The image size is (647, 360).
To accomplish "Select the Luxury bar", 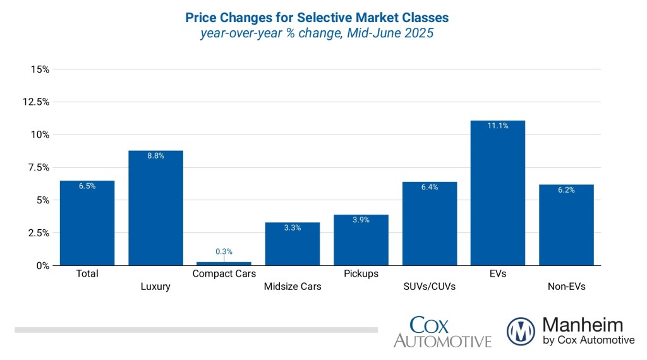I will pyautogui.click(x=155, y=208).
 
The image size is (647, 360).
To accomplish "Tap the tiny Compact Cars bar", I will pyautogui.click(x=224, y=263).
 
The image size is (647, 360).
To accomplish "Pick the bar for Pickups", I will pyautogui.click(x=361, y=240).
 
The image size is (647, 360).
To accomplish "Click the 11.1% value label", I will pyautogui.click(x=497, y=126).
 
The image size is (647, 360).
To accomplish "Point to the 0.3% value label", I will pyautogui.click(x=224, y=251).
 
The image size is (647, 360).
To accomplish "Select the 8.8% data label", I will pyautogui.click(x=155, y=156).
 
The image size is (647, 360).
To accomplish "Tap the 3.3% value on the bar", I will pyautogui.click(x=292, y=228).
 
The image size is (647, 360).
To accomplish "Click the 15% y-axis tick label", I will pyautogui.click(x=40, y=69).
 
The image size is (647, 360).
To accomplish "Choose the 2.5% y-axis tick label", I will pyautogui.click(x=38, y=233).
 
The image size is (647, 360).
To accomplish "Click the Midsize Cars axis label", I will pyautogui.click(x=292, y=287).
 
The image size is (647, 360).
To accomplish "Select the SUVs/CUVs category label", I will pyautogui.click(x=429, y=287).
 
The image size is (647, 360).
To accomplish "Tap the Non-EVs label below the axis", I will pyautogui.click(x=566, y=287).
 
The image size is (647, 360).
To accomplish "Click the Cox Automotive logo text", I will pyautogui.click(x=442, y=332).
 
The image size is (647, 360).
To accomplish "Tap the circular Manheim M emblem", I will pyautogui.click(x=521, y=331).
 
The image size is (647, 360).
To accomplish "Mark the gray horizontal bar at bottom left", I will pyautogui.click(x=196, y=330).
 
